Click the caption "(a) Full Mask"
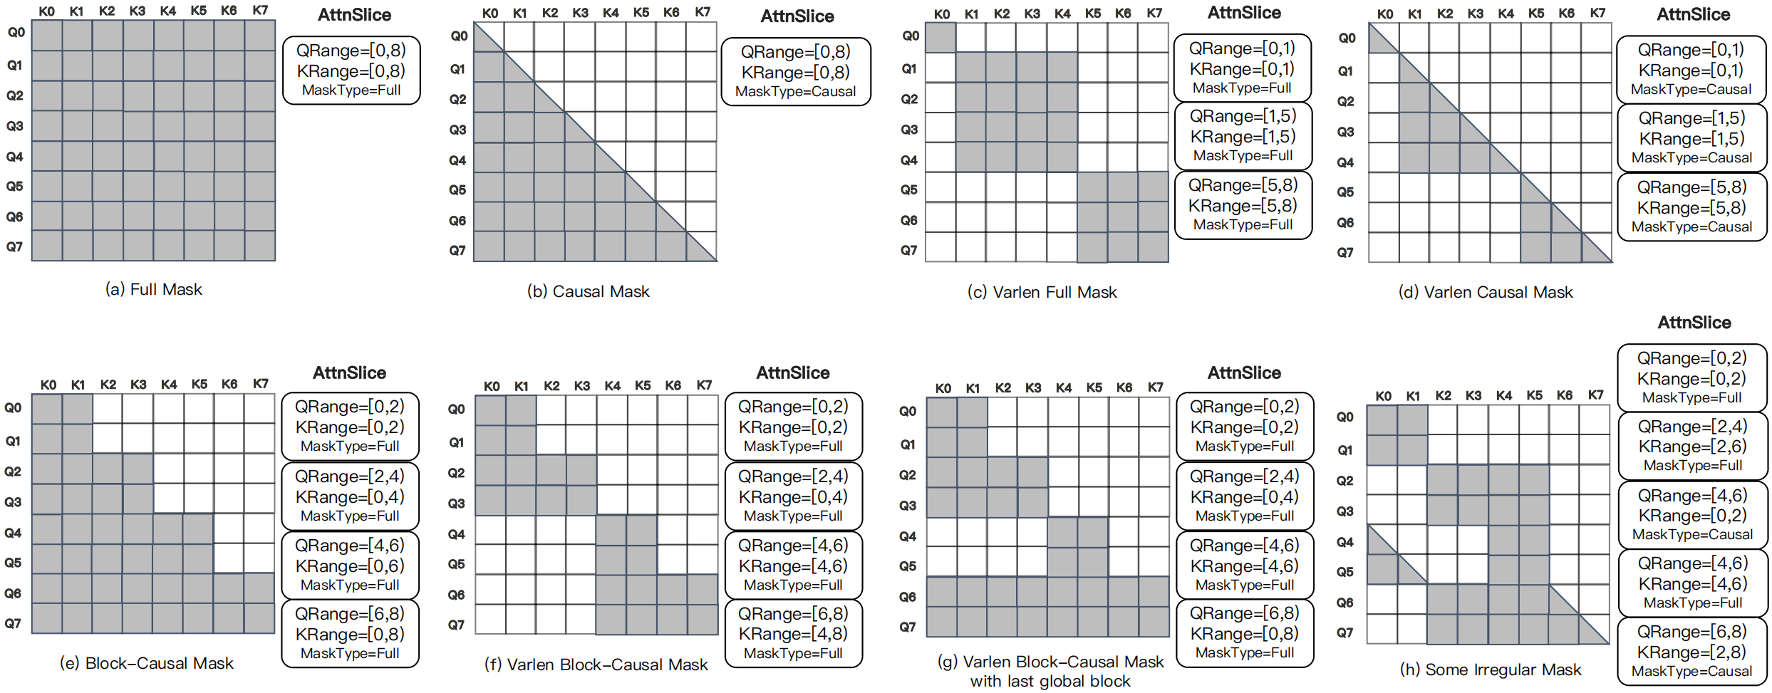(x=153, y=289)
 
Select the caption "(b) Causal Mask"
(x=588, y=291)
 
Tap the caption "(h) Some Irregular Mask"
(x=1490, y=669)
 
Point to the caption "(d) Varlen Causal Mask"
(x=1485, y=292)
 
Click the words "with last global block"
(x=1050, y=681)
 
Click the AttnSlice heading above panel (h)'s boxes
(x=1694, y=323)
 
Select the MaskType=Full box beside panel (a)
(x=351, y=71)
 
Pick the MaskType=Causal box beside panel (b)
(x=795, y=72)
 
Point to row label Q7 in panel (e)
(x=13, y=623)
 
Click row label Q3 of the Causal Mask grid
(x=457, y=130)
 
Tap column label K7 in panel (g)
(x=1155, y=387)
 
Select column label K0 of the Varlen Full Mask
(x=942, y=14)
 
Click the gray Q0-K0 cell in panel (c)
(x=941, y=38)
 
